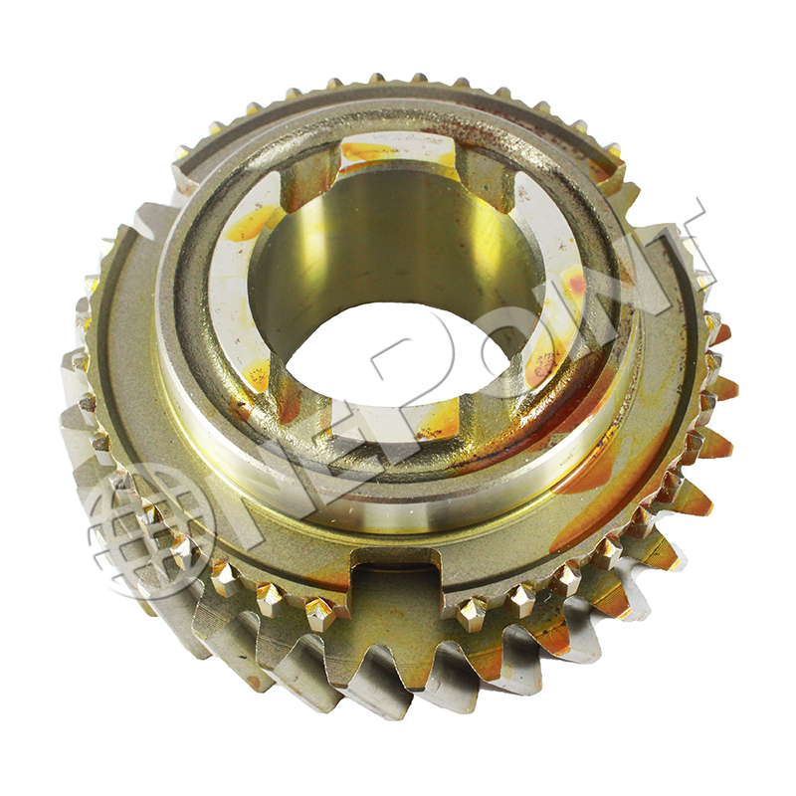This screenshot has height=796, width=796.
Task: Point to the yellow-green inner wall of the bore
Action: click(398, 239)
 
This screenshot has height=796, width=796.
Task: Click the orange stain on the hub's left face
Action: click(249, 223)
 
